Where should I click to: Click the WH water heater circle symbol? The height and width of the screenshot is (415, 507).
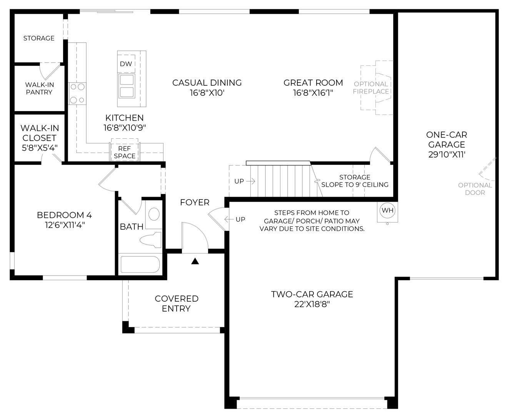pyautogui.click(x=387, y=211)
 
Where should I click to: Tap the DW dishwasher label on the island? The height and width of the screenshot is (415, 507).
pyautogui.click(x=126, y=64)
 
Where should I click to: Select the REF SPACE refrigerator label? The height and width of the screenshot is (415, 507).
pyautogui.click(x=125, y=152)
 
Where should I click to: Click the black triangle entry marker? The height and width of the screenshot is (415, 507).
pyautogui.click(x=195, y=261)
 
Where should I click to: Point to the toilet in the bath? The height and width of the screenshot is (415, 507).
pyautogui.click(x=151, y=240)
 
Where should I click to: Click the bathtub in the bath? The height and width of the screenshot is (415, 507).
pyautogui.click(x=140, y=264)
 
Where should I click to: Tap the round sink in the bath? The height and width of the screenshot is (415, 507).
pyautogui.click(x=154, y=214)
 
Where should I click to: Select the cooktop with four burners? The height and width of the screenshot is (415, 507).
pyautogui.click(x=77, y=93)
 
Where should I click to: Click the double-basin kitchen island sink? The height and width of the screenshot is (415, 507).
pyautogui.click(x=127, y=86)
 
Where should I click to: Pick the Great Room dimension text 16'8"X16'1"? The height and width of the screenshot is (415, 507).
pyautogui.click(x=313, y=93)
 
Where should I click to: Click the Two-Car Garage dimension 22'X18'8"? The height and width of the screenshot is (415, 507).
pyautogui.click(x=312, y=304)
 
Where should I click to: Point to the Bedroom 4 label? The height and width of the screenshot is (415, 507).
pyautogui.click(x=64, y=215)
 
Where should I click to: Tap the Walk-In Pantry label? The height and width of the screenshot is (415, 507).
pyautogui.click(x=39, y=88)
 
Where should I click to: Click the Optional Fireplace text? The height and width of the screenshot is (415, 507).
pyautogui.click(x=371, y=88)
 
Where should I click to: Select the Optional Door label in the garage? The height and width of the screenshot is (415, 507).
pyautogui.click(x=475, y=189)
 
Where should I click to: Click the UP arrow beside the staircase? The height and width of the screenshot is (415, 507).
pyautogui.click(x=251, y=181)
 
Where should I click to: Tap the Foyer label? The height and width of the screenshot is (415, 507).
pyautogui.click(x=195, y=203)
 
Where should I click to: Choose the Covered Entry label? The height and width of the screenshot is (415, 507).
pyautogui.click(x=177, y=304)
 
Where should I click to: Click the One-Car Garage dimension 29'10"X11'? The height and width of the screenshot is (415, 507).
pyautogui.click(x=447, y=154)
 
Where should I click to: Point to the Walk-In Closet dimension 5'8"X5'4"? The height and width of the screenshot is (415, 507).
pyautogui.click(x=40, y=148)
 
